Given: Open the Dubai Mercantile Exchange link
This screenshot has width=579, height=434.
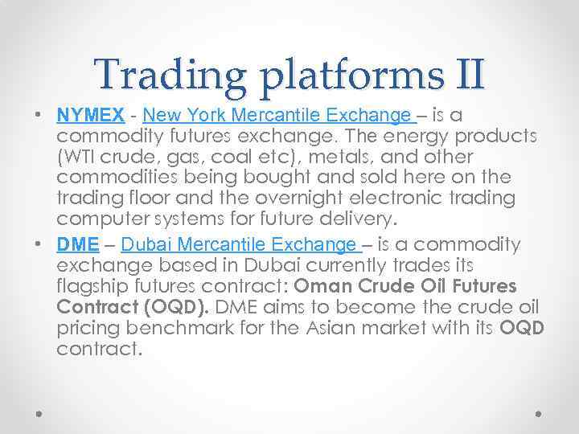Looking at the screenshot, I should pos(240,244).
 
